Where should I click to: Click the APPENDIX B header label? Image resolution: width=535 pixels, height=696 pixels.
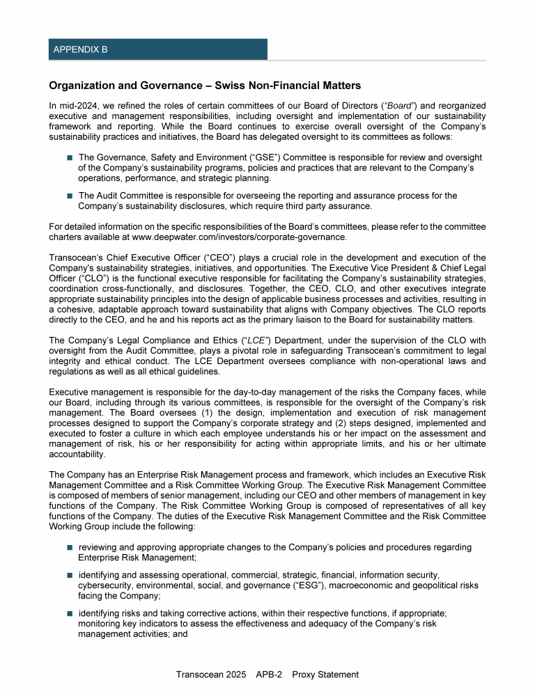tap(80, 49)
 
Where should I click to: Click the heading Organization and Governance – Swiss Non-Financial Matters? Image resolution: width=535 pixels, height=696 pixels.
tap(205, 86)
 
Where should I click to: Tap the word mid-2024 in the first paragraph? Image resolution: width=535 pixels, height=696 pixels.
tap(75, 105)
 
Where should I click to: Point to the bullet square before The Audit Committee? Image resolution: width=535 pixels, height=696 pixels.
tap(70, 196)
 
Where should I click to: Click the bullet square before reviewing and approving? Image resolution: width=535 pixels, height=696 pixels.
tap(70, 548)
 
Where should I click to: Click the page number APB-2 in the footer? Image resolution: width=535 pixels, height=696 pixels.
tap(269, 674)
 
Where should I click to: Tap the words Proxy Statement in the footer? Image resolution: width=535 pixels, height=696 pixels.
tap(325, 674)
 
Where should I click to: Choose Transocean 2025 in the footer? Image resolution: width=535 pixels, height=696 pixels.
tap(212, 674)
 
